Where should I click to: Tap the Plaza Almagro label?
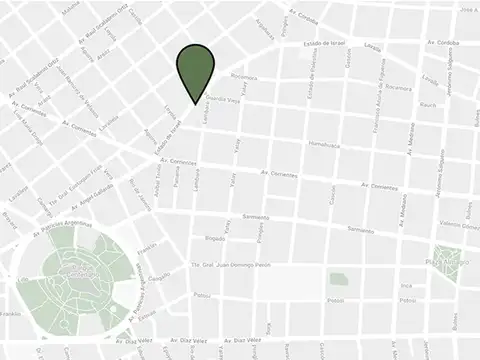click(x=447, y=264)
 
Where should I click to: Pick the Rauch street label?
click(x=427, y=104)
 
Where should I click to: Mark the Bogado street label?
click(x=215, y=239)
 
